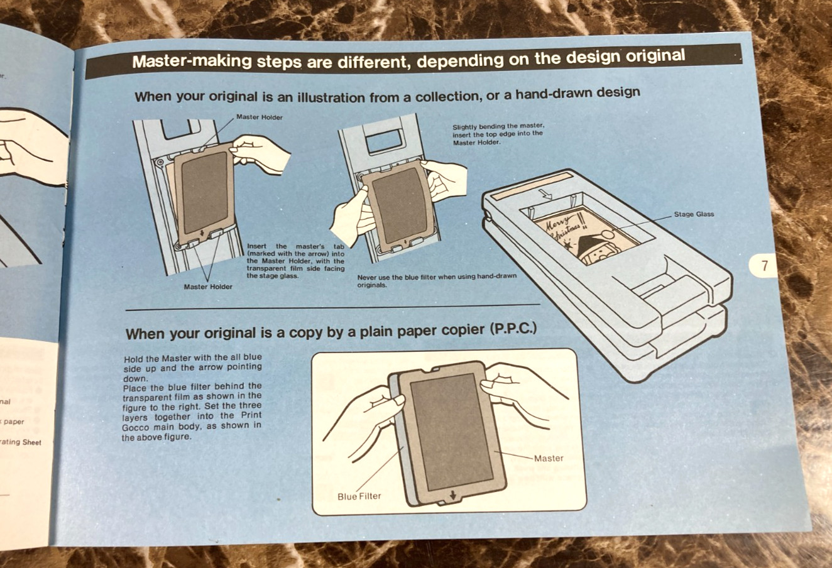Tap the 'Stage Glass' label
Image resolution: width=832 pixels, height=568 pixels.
click(694, 214)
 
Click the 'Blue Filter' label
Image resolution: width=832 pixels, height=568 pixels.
click(359, 496)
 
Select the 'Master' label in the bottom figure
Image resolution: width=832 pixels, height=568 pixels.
click(549, 459)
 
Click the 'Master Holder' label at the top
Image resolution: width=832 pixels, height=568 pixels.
click(259, 117)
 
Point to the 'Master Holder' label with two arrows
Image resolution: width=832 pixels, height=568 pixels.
click(208, 287)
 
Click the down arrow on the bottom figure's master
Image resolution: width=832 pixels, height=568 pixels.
click(452, 496)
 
